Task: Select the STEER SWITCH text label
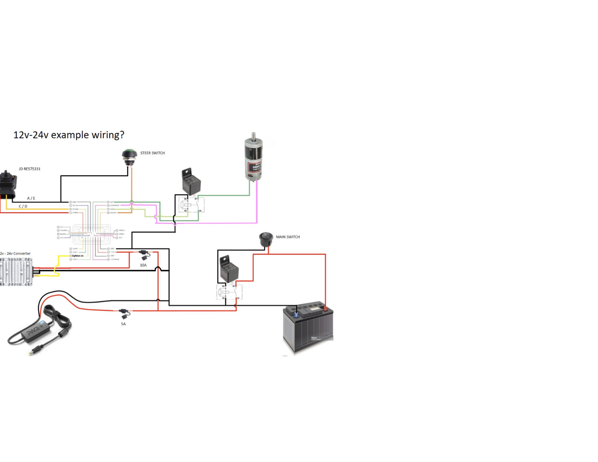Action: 153,153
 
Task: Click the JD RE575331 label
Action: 29,169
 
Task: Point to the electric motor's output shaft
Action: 253,136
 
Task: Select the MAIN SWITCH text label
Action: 288,237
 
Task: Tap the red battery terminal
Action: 325,308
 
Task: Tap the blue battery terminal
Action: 296,314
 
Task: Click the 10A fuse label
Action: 143,265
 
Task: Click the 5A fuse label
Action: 123,324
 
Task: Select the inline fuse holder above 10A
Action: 144,255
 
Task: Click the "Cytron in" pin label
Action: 78,256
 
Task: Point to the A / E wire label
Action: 31,199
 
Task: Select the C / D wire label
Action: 23,206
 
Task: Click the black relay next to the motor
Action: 191,183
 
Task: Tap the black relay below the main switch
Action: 229,269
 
